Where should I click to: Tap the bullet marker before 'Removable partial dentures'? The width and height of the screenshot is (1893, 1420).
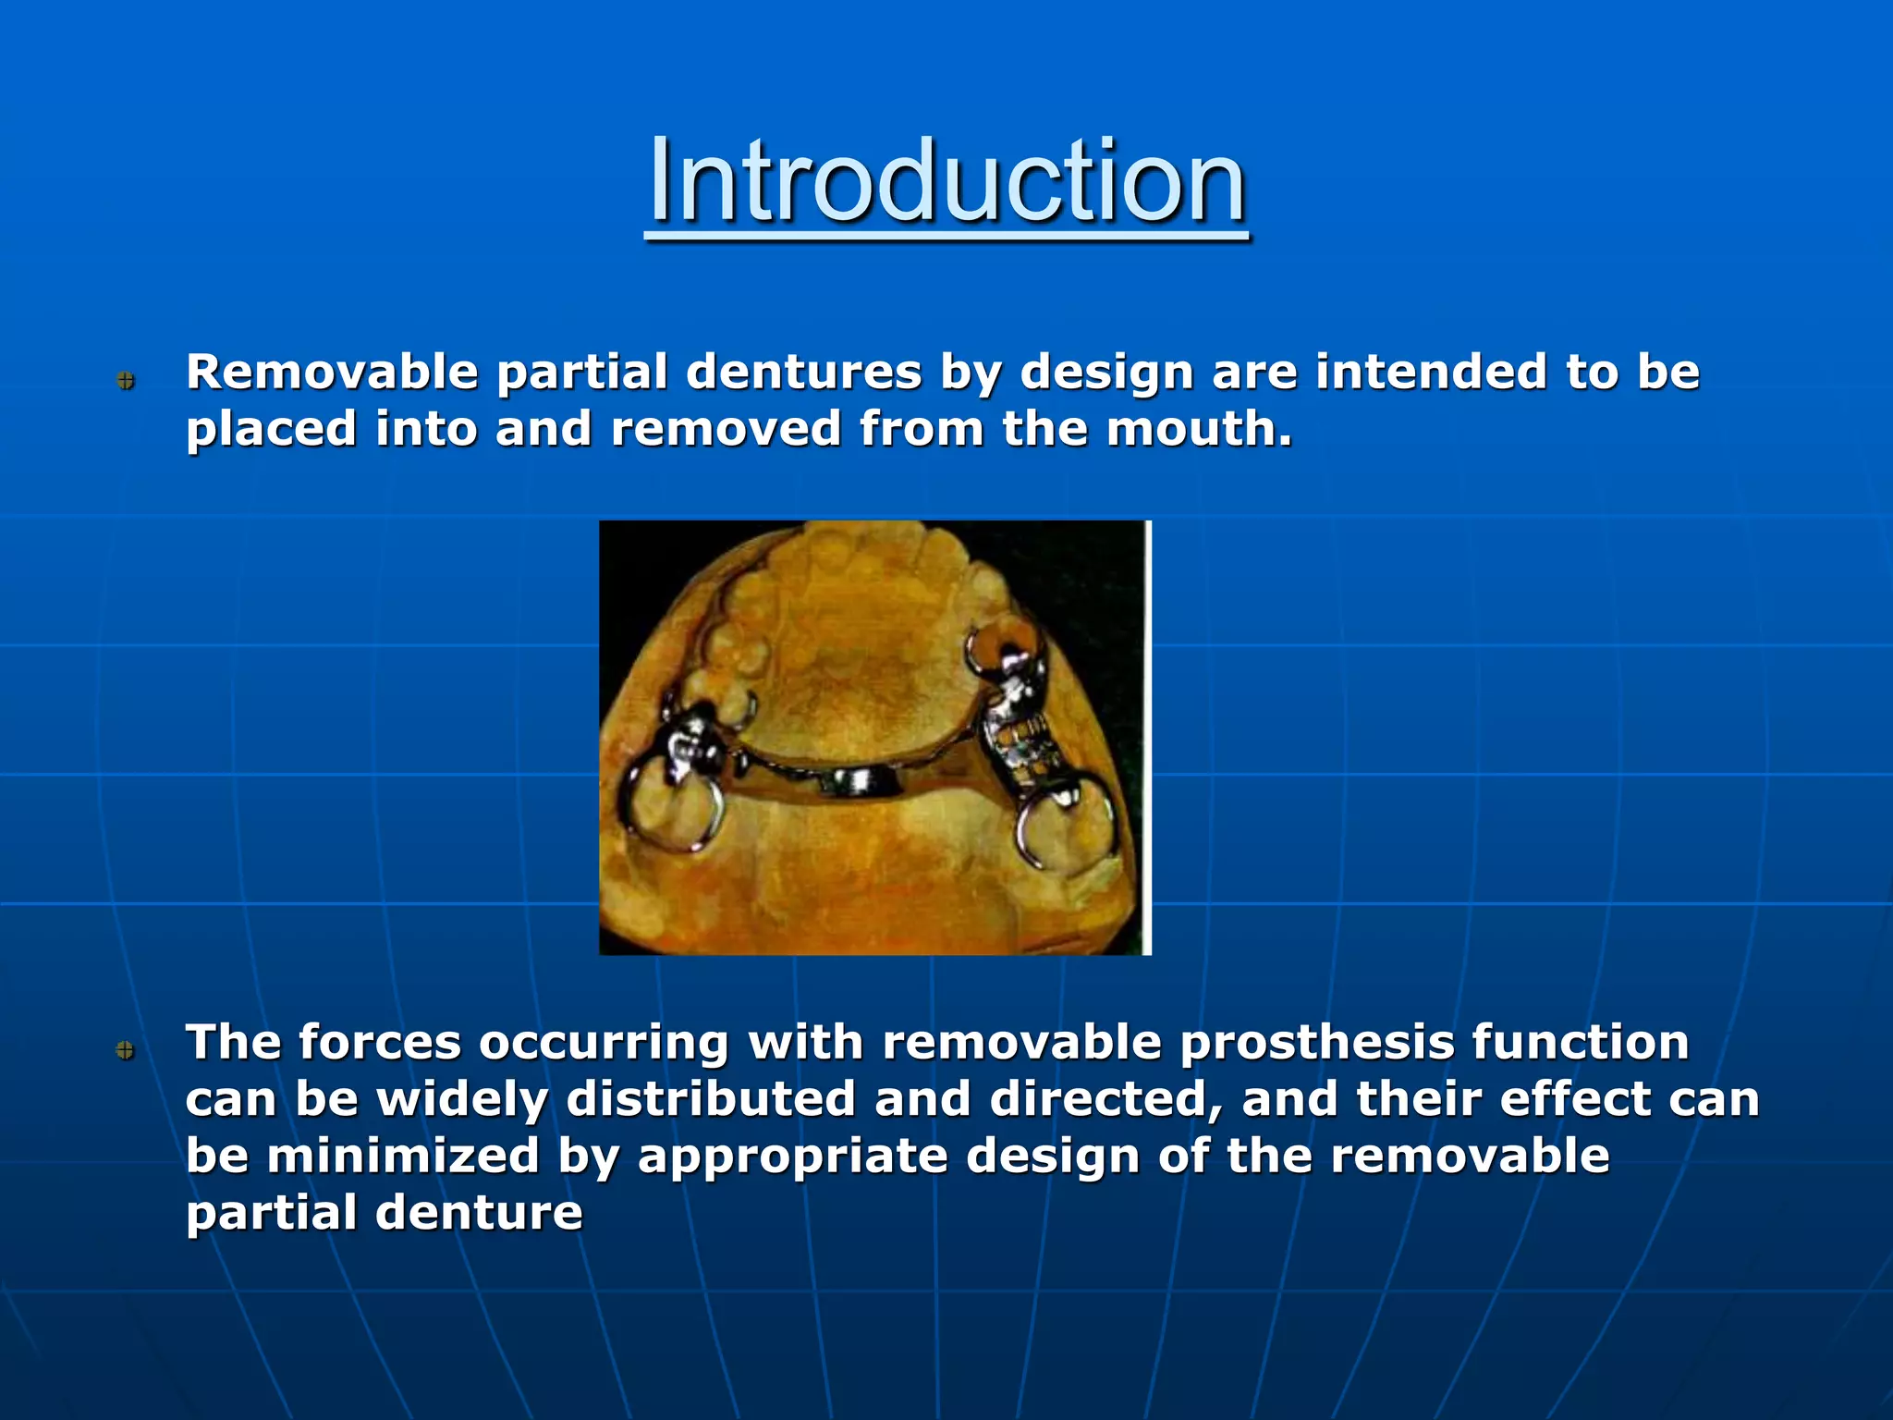point(127,380)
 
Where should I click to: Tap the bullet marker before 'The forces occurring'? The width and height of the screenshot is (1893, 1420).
point(127,1049)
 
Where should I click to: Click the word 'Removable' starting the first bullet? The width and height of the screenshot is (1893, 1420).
point(332,372)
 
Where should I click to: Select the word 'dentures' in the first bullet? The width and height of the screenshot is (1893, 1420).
point(803,372)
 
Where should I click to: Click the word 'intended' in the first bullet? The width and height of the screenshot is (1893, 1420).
point(1431,372)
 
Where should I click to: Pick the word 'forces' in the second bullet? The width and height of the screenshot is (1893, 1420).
point(380,1043)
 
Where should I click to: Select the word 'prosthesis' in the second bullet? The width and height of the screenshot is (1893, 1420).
point(1317,1043)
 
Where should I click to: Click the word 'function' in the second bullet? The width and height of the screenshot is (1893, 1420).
point(1581,1043)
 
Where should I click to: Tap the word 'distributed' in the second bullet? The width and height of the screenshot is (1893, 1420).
point(711,1099)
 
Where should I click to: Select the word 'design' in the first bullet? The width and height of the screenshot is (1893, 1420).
point(1105,372)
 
